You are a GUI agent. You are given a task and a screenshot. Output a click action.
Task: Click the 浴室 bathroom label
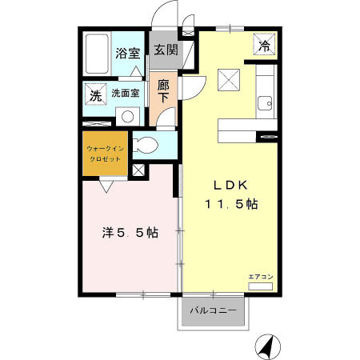tap(128, 53)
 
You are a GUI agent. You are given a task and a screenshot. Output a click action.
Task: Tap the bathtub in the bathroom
tap(97, 54)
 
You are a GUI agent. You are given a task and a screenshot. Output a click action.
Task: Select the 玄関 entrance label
tap(166, 50)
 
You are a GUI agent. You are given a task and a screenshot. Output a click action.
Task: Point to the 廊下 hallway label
tap(163, 91)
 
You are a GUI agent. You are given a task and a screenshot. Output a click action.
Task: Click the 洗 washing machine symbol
tap(96, 94)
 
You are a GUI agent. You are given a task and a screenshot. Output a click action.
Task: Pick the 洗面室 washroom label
tap(126, 93)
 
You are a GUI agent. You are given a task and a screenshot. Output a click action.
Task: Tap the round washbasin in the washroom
tap(127, 117)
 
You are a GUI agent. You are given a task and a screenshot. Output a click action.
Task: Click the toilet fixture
tap(146, 146)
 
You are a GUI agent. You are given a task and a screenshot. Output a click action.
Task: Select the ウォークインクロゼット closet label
tap(105, 154)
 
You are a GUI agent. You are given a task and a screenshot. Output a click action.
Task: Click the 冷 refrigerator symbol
tap(264, 44)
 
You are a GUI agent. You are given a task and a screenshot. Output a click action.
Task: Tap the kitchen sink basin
tap(265, 103)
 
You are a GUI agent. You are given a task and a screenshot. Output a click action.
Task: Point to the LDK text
tap(230, 185)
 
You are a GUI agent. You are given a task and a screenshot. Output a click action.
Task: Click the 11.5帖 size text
tap(231, 204)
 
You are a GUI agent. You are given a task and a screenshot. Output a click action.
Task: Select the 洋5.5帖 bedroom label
tap(130, 233)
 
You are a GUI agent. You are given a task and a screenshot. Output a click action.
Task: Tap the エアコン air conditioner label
tap(261, 277)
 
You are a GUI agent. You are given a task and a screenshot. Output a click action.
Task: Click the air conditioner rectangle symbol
tap(261, 286)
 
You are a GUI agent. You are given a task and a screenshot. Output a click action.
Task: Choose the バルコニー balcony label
tap(214, 310)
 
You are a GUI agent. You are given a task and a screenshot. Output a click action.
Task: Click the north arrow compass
tap(268, 347)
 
